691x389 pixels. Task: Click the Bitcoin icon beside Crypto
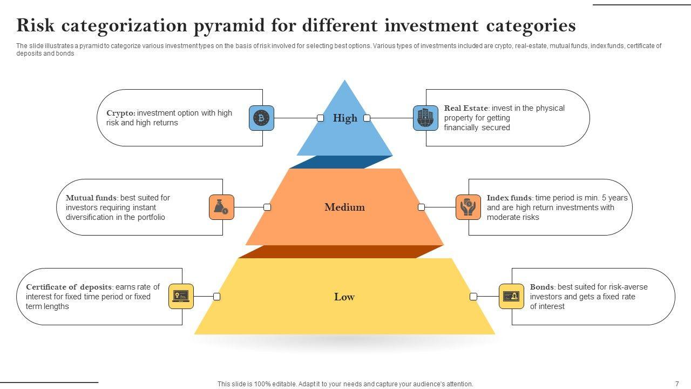click(261, 118)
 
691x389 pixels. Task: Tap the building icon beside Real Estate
click(425, 118)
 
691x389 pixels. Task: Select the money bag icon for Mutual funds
click(221, 207)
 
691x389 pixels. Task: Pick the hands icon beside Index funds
click(468, 207)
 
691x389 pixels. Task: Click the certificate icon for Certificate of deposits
click(181, 296)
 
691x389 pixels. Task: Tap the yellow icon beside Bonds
click(511, 296)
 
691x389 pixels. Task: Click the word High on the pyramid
click(345, 118)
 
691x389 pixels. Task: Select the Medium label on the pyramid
click(344, 207)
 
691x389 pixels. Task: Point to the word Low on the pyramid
click(344, 297)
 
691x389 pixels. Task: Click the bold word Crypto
click(120, 113)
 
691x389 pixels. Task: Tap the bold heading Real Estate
click(466, 108)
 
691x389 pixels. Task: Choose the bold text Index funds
click(509, 198)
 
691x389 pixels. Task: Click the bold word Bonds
click(541, 287)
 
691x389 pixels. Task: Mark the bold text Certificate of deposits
click(69, 287)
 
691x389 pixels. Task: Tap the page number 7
click(677, 384)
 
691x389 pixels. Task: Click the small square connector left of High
click(321, 118)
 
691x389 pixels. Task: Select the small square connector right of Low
click(473, 297)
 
